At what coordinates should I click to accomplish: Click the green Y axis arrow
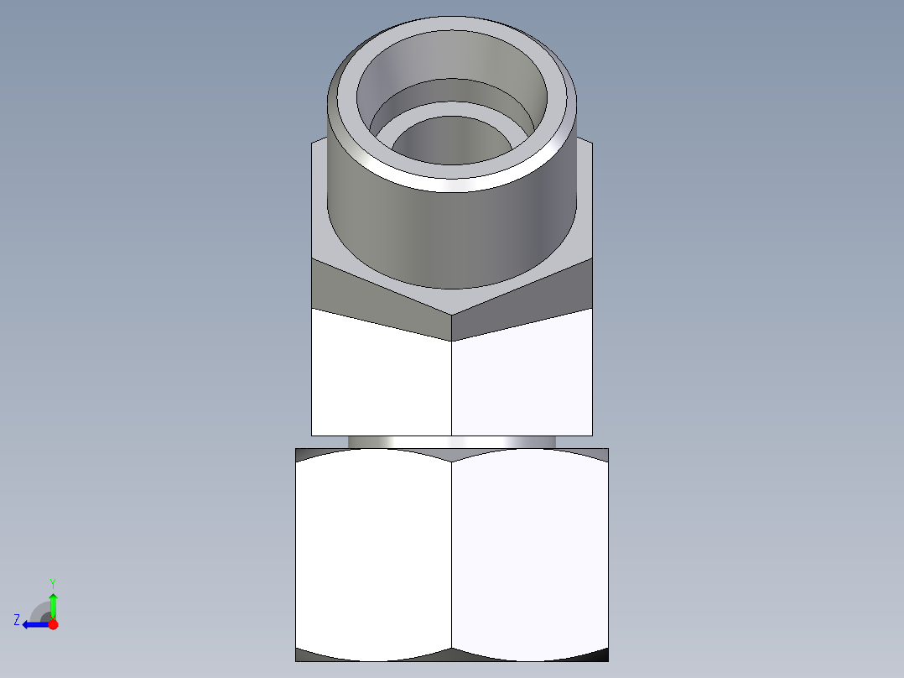pos(53,603)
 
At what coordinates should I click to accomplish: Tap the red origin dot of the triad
pos(53,624)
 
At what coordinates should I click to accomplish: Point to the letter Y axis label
pos(52,582)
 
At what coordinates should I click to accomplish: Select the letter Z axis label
pos(17,620)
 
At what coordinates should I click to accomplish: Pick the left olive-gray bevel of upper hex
pos(352,289)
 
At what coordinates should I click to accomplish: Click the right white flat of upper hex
pos(522,382)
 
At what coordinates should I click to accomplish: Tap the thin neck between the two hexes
pos(452,441)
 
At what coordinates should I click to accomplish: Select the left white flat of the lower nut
pos(373,554)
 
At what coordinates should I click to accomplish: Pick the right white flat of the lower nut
pos(530,554)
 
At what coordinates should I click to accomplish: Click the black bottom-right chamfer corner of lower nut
pos(599,655)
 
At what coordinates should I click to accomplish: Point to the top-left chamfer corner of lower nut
pos(305,453)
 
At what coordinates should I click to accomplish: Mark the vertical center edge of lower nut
pos(452,554)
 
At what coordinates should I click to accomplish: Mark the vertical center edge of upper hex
pos(452,386)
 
